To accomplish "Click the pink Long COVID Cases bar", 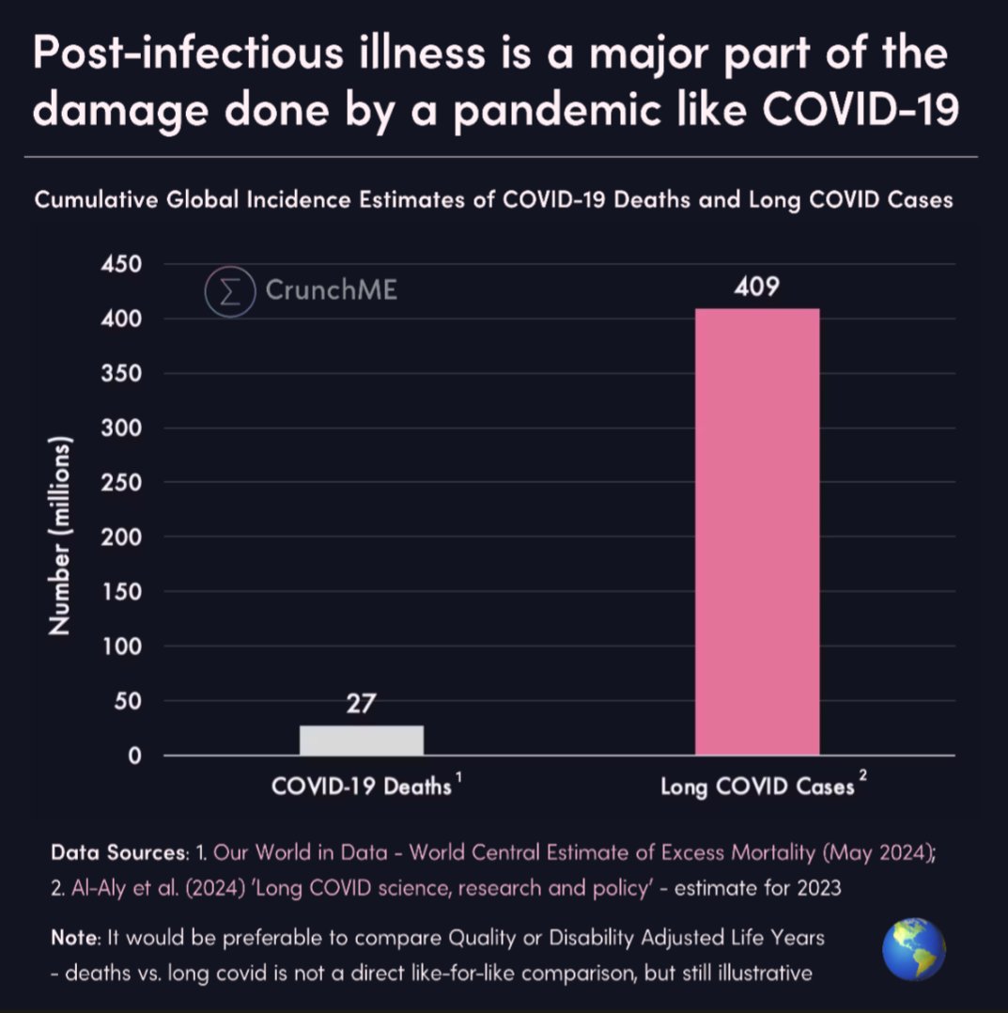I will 757,531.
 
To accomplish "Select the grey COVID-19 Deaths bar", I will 362,740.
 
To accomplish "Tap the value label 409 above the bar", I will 757,287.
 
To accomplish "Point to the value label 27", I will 362,704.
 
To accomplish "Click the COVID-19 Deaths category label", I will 362,787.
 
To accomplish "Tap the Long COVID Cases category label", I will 757,787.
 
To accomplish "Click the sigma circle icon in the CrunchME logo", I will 230,290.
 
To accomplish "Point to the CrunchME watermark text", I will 331,290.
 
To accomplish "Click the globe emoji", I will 913,950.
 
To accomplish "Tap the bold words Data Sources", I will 116,853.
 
